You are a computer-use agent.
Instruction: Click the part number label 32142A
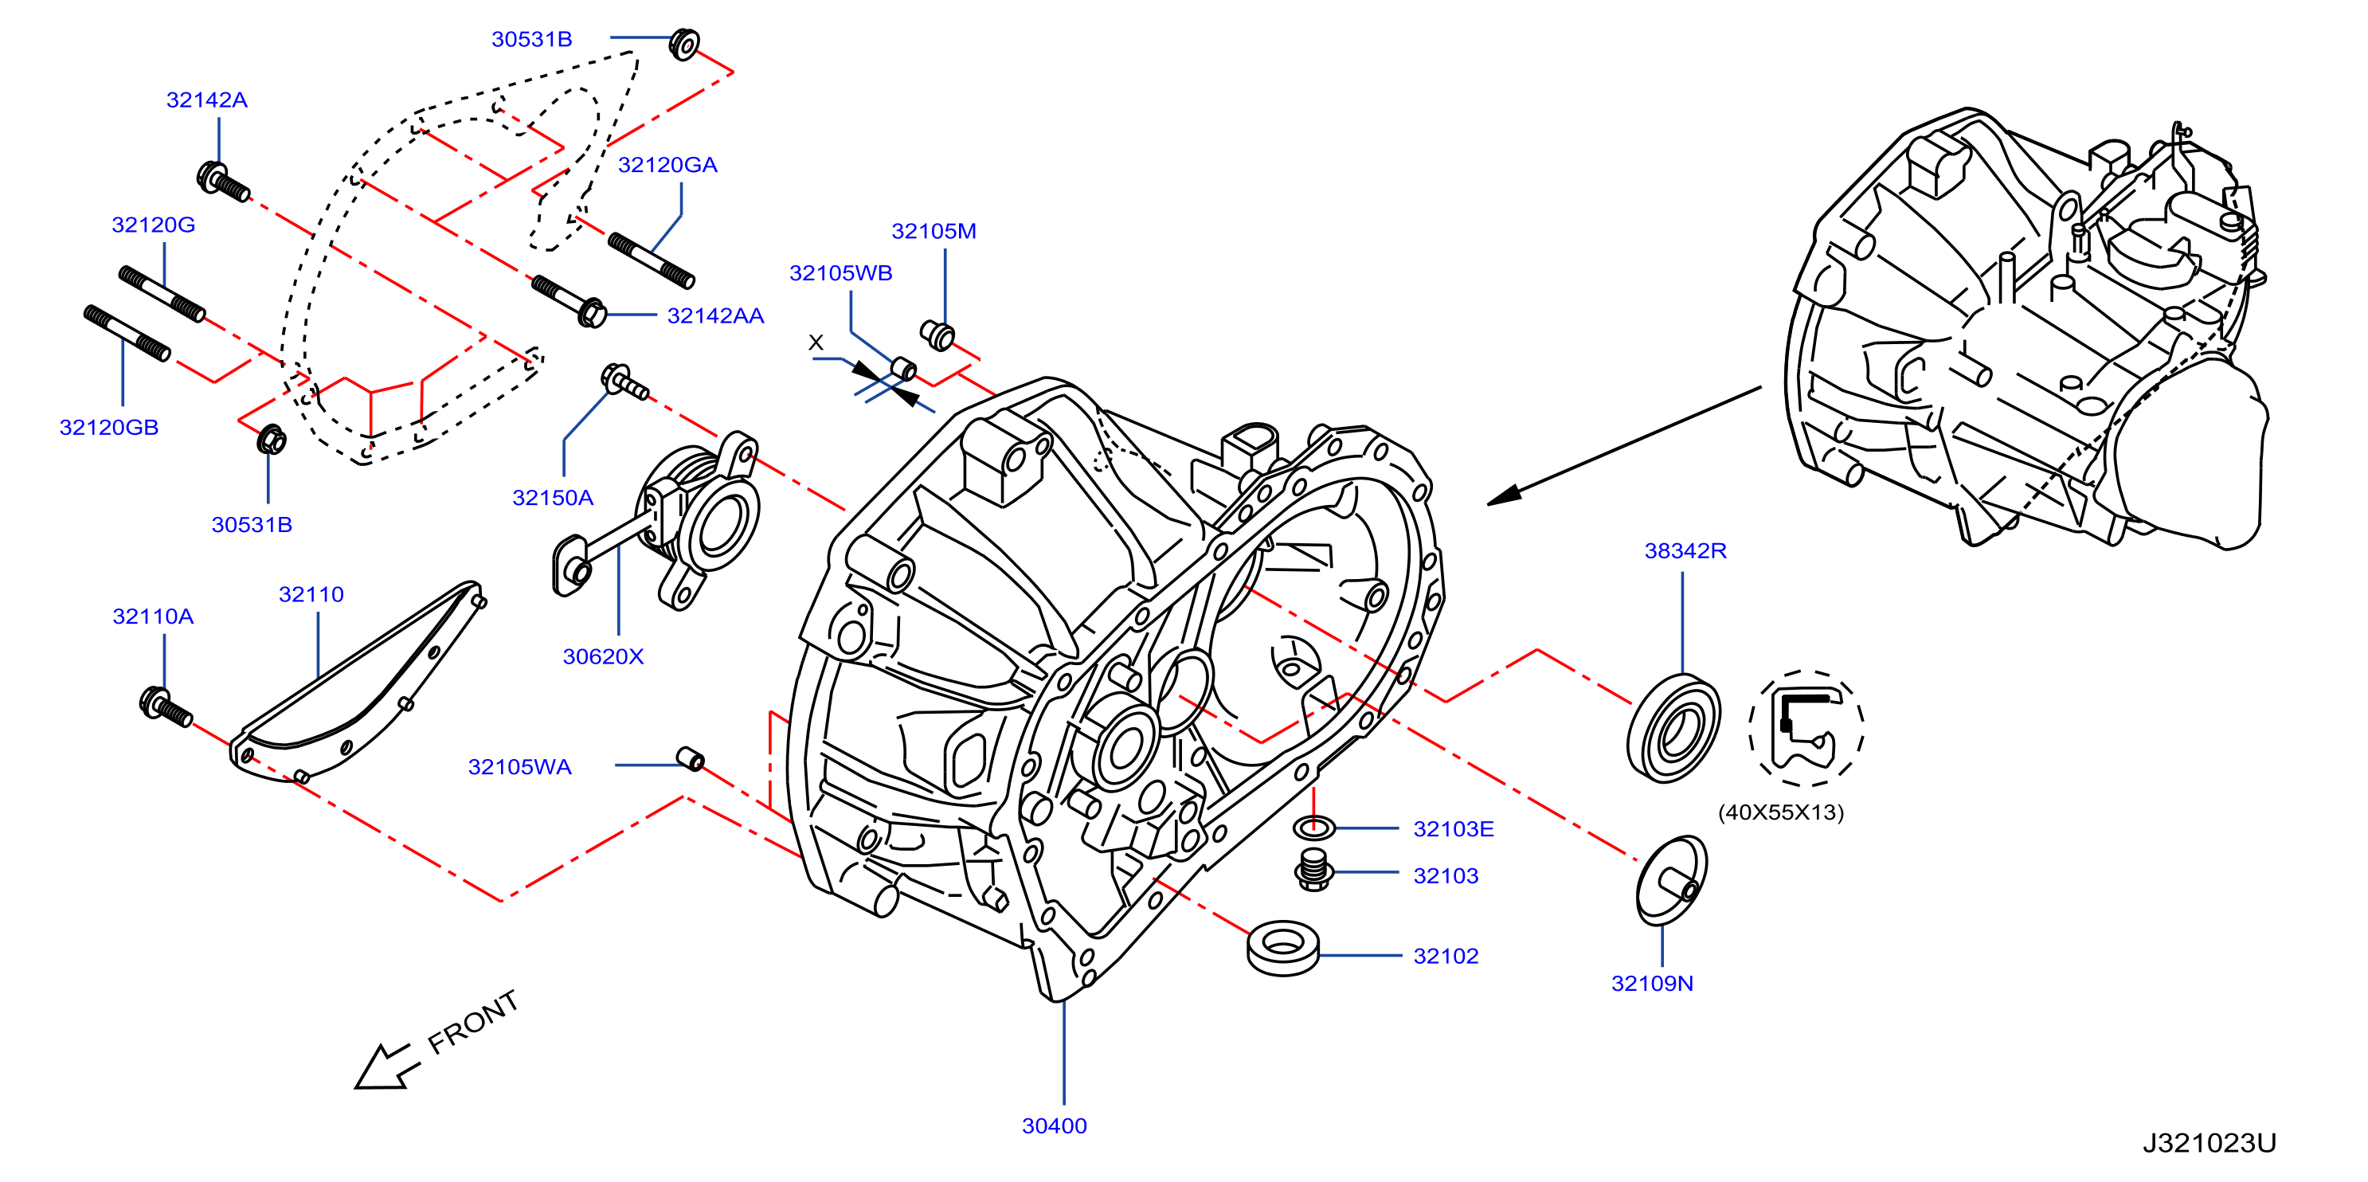point(207,100)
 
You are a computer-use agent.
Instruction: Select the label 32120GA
point(667,165)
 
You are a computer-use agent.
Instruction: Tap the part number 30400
point(1055,1126)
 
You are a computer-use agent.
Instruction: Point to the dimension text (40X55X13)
point(1781,812)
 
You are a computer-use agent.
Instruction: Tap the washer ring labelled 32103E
point(1313,828)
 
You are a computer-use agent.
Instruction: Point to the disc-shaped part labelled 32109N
point(1671,879)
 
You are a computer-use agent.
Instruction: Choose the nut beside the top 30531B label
point(684,44)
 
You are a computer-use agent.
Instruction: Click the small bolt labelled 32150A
point(624,382)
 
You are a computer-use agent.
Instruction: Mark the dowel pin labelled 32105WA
point(691,758)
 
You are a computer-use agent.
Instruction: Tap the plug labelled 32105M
point(937,335)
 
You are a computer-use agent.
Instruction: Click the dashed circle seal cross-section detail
point(1806,728)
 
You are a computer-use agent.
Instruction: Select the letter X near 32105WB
point(816,342)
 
